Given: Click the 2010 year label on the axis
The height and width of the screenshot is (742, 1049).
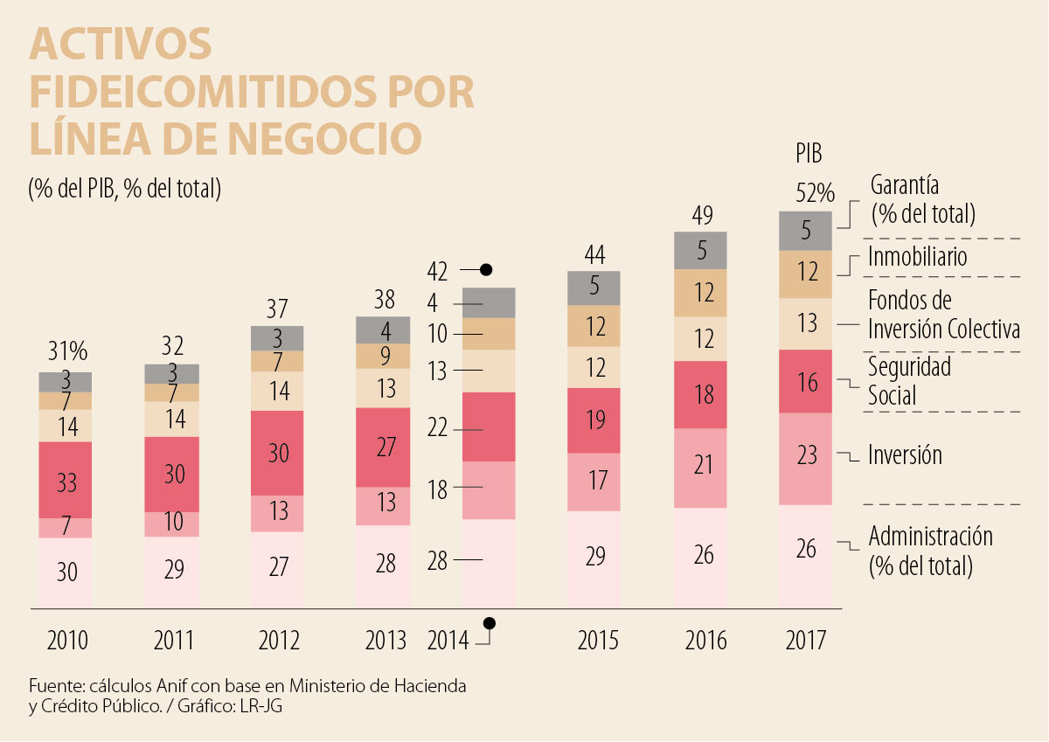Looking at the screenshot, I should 66,641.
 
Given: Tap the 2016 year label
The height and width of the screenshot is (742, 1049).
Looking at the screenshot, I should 705,641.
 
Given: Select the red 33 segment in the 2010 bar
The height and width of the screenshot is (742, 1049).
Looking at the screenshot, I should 66,480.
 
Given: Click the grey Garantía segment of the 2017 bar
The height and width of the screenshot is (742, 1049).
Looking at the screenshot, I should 806,231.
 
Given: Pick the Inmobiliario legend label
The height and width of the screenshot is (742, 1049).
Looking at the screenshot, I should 917,257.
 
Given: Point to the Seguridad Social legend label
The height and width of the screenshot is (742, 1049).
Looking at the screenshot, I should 909,381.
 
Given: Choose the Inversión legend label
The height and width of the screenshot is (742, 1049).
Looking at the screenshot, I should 905,454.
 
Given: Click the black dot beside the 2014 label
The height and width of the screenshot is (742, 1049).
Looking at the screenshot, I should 490,623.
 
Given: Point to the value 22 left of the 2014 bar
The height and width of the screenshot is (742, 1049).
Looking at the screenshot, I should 438,428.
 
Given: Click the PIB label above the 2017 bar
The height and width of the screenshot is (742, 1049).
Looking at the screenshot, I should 809,155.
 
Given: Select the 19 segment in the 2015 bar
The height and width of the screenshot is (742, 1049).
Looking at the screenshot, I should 594,420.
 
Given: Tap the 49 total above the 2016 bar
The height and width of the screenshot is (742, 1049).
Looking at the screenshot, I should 701,215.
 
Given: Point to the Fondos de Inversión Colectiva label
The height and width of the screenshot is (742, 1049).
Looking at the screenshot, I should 943,315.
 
